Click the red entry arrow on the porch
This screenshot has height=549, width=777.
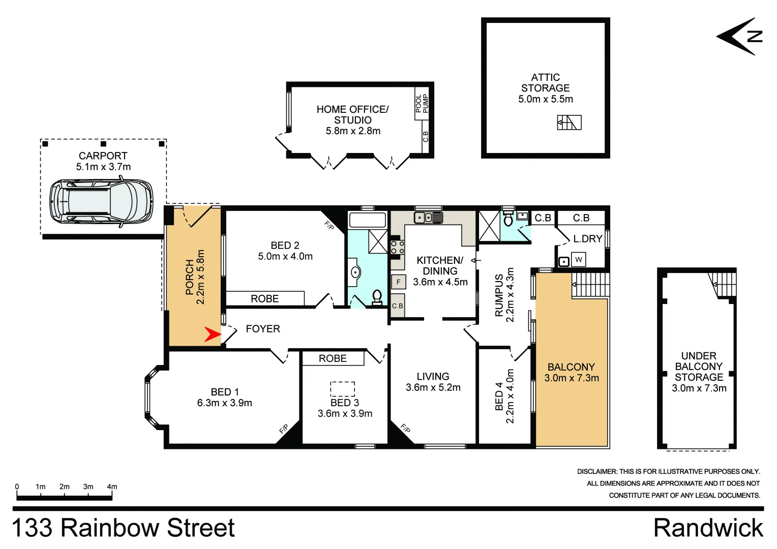pyautogui.click(x=212, y=334)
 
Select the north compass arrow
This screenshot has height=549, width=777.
pyautogui.click(x=739, y=36)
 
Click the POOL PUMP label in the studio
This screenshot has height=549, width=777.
pyautogui.click(x=422, y=104)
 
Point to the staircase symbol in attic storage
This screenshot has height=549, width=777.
pyautogui.click(x=569, y=123)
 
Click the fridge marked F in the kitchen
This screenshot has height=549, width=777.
pyautogui.click(x=398, y=282)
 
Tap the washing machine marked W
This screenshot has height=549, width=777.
pyautogui.click(x=578, y=260)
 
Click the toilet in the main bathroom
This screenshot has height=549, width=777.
pyautogui.click(x=377, y=296)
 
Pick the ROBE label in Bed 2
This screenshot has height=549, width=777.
pyautogui.click(x=264, y=299)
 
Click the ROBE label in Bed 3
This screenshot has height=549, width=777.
pyautogui.click(x=333, y=358)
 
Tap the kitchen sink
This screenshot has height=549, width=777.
pyautogui.click(x=428, y=218)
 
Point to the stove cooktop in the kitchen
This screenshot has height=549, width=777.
pyautogui.click(x=397, y=248)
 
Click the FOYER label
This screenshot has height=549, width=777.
pyautogui.click(x=263, y=329)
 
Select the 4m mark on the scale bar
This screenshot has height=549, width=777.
pyautogui.click(x=112, y=487)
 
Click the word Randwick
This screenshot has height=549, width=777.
pyautogui.click(x=708, y=528)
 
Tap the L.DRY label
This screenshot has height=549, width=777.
pyautogui.click(x=587, y=238)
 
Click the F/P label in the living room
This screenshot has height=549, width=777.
pyautogui.click(x=405, y=429)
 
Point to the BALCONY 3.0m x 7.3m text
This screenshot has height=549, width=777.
pyautogui.click(x=571, y=373)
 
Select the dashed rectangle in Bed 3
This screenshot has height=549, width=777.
pyautogui.click(x=342, y=389)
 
